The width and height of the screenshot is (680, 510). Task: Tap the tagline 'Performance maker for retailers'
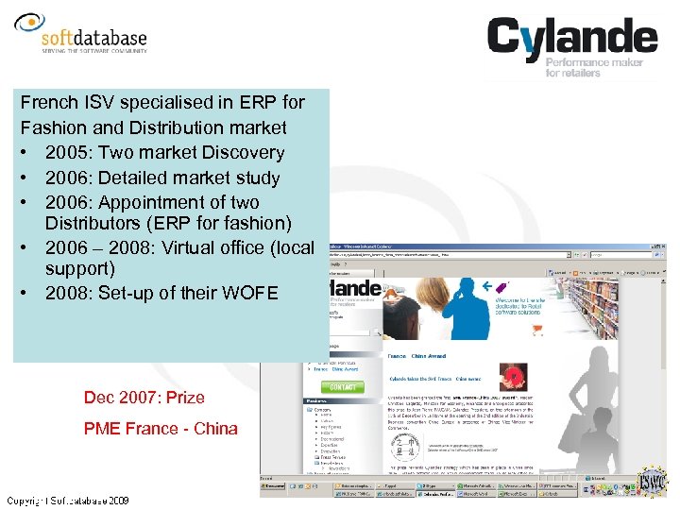coord(594,67)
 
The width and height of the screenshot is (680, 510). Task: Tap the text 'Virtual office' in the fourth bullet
coord(203,247)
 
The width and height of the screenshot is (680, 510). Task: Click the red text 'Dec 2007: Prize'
coord(144,398)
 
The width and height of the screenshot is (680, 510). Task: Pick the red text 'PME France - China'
coord(161,429)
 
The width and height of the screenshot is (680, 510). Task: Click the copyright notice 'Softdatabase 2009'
coord(68,500)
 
